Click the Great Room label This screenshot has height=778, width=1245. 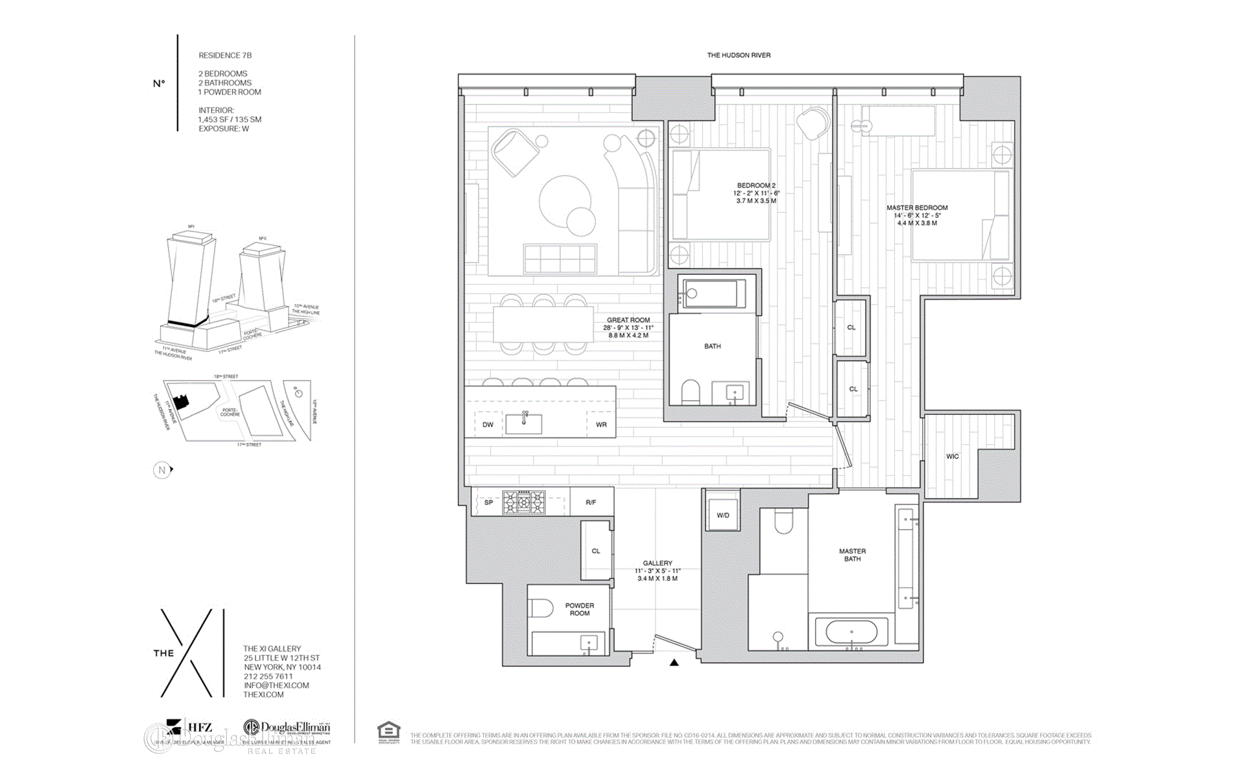[628, 320]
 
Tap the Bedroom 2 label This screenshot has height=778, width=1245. [756, 186]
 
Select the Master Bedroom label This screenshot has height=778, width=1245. [917, 208]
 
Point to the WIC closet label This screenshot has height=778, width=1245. [952, 456]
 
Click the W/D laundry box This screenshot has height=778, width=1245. [723, 515]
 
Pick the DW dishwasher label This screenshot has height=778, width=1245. [488, 425]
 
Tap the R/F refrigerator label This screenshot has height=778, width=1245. [591, 502]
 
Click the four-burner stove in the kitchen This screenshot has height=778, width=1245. [524, 502]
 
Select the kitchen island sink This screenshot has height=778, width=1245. [524, 423]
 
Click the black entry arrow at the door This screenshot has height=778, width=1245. [674, 663]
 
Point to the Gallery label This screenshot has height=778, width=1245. [658, 563]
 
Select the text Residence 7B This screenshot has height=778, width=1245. [225, 56]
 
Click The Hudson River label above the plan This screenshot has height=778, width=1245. [739, 56]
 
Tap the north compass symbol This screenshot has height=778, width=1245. [162, 470]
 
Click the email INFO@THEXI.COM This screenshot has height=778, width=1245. [276, 685]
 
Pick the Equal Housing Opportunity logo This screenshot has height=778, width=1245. [389, 733]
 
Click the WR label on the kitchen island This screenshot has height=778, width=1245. [601, 425]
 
